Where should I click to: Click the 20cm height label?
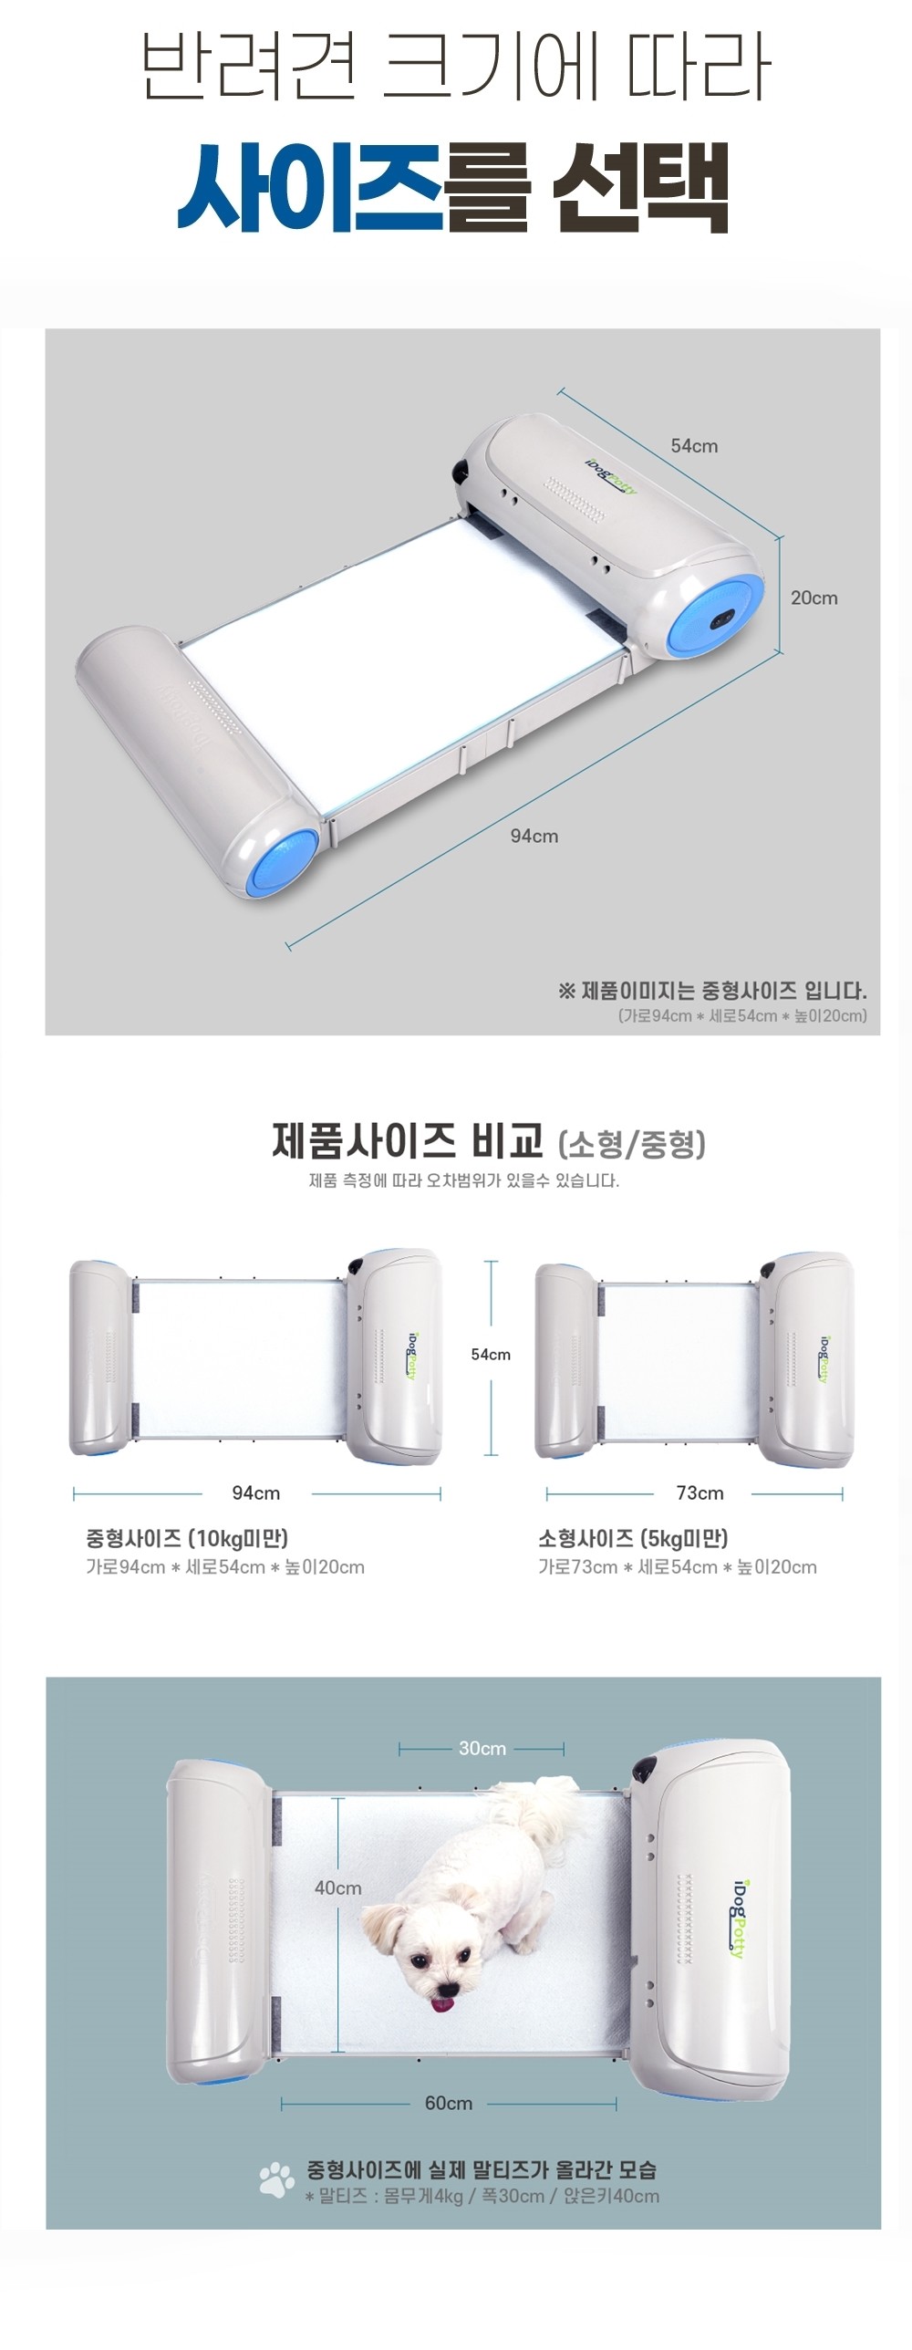(x=814, y=598)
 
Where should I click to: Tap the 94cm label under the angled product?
(x=534, y=836)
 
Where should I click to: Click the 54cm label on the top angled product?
(x=694, y=446)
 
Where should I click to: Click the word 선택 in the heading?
(x=640, y=187)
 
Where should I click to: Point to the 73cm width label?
(x=700, y=1492)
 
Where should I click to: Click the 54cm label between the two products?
(x=491, y=1355)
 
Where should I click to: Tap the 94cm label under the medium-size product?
(x=256, y=1492)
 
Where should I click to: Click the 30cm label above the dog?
(x=482, y=1748)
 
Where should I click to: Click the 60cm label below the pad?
(x=449, y=2103)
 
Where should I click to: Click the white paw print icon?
(x=276, y=2180)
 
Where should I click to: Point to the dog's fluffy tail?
(x=538, y=1810)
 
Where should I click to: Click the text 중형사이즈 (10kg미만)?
(x=187, y=1538)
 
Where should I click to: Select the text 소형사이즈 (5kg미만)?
(x=633, y=1538)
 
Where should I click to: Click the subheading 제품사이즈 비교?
(x=408, y=1140)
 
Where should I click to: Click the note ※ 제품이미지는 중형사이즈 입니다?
(x=712, y=990)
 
